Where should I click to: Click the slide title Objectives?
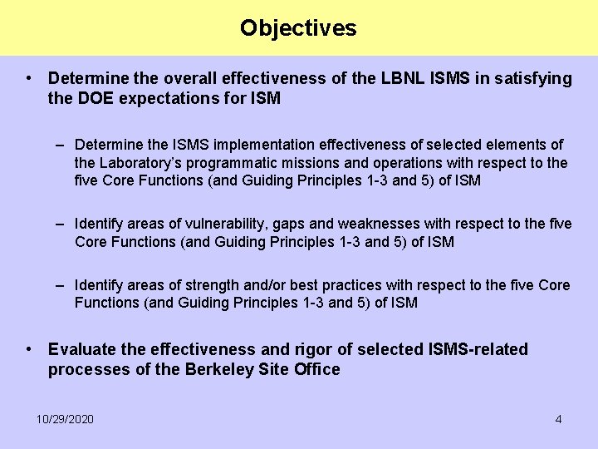coord(298,27)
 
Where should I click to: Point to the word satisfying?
coord(532,78)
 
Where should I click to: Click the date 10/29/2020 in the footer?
coord(65,419)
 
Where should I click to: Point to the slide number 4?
coord(558,419)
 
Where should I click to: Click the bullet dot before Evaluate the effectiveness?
coord(29,349)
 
